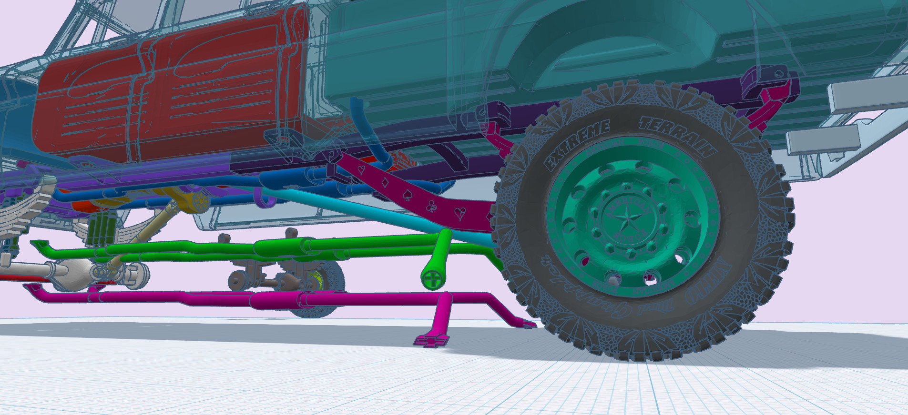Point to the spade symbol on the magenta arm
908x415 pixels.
click(x=408, y=195)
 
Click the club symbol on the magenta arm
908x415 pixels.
click(x=431, y=206)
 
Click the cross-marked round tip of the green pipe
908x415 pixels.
click(x=432, y=279)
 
